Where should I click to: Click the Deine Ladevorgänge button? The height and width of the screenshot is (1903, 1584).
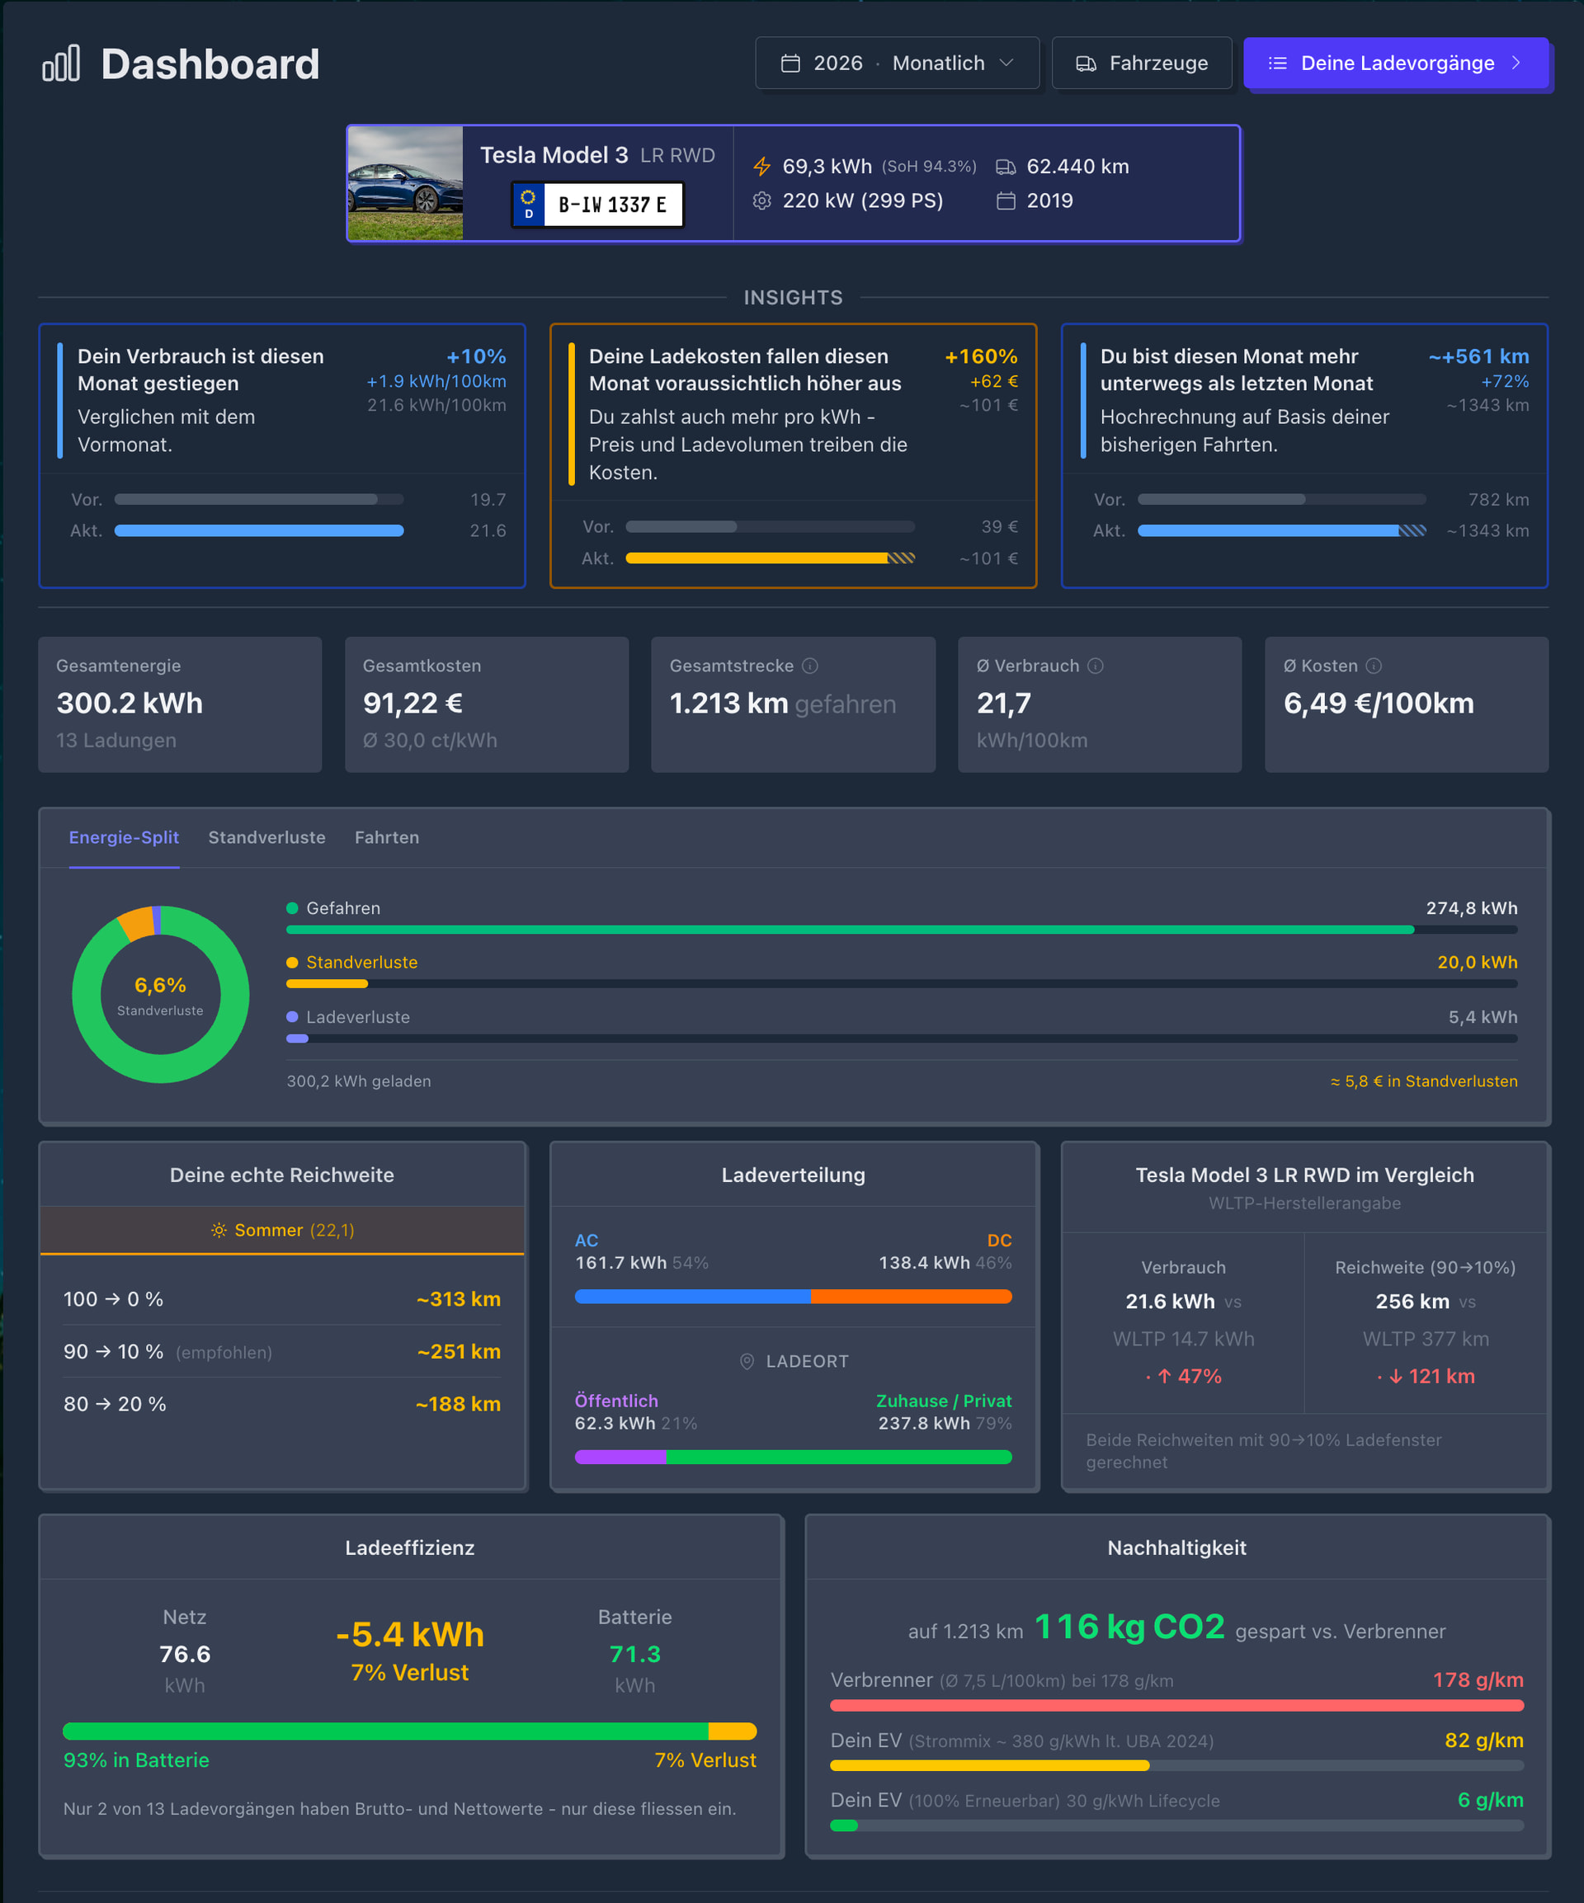pos(1397,64)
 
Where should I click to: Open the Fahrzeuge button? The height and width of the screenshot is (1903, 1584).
pos(1142,64)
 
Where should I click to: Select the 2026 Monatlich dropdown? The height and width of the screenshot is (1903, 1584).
pos(897,64)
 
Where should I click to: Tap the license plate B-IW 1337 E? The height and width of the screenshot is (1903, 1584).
pos(597,205)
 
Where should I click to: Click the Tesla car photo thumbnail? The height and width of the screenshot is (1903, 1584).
pos(405,183)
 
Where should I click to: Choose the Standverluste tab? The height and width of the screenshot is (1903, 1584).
pos(266,837)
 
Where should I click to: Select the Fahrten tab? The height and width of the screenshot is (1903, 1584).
pos(387,837)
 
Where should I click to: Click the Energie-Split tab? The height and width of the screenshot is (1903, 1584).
pos(124,837)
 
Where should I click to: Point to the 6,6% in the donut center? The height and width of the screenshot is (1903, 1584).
pos(160,985)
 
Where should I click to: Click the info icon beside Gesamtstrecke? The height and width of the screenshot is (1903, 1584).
pos(810,666)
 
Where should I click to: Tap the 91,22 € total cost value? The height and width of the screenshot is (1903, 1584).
pos(412,703)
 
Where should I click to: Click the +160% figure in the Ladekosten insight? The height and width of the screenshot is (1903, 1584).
pos(982,357)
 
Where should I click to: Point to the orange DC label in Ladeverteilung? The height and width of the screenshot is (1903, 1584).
pos(1000,1241)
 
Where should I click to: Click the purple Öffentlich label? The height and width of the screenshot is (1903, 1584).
pos(616,1401)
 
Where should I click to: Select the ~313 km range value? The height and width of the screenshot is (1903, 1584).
pos(459,1299)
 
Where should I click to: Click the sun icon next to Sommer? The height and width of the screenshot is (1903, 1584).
pos(219,1230)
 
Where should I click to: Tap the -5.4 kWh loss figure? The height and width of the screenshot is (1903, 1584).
pos(409,1635)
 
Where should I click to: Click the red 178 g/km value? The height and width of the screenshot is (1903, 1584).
pos(1478,1680)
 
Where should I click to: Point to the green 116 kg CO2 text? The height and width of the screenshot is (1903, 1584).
pos(1129,1627)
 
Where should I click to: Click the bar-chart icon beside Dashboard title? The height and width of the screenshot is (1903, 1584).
pos(62,64)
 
